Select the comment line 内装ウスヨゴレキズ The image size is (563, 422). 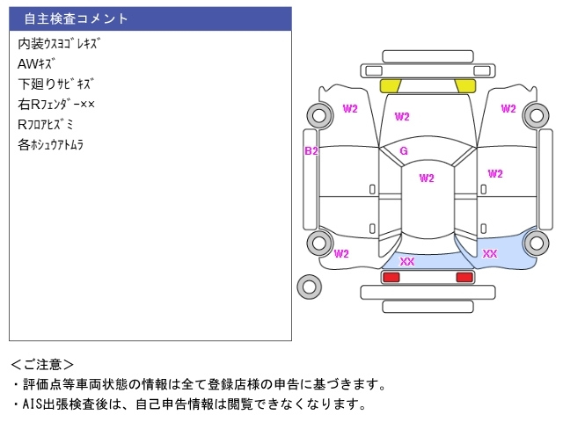click(58, 43)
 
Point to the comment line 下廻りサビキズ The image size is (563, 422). click(55, 84)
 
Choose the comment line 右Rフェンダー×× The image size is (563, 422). click(56, 105)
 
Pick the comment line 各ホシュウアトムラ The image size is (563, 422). click(50, 145)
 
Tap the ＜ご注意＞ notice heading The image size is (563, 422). click(43, 364)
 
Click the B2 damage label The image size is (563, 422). click(311, 151)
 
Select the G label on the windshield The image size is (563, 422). click(403, 151)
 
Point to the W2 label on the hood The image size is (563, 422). click(402, 116)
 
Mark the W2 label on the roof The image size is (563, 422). click(426, 178)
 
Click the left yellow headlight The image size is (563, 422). click(390, 85)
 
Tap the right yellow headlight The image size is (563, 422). click(464, 85)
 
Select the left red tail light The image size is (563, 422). click(391, 277)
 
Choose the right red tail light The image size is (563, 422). click(464, 277)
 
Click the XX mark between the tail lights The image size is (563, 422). click(407, 262)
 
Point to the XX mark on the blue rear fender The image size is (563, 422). click(490, 254)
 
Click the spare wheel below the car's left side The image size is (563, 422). click(309, 286)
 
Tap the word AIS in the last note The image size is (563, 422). click(29, 404)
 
